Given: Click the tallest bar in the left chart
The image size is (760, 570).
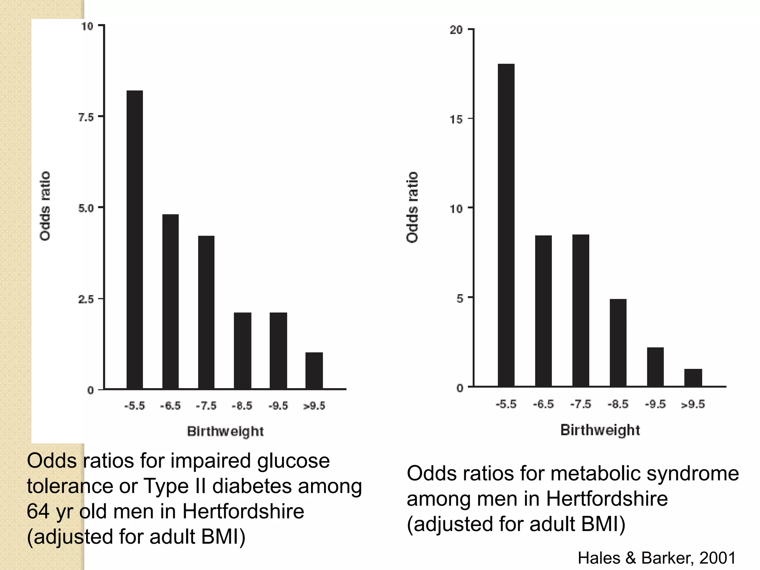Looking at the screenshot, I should tap(134, 239).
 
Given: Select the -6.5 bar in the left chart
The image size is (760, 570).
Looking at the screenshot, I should tap(170, 301).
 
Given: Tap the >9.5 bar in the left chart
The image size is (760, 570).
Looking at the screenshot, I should tap(314, 370).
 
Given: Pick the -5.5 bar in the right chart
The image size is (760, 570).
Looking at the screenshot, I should tap(506, 225).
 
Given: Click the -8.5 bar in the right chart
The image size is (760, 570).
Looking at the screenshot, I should tap(618, 342).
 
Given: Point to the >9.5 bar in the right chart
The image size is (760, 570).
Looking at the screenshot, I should tap(693, 377).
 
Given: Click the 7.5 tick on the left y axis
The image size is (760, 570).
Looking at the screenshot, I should tap(86, 118).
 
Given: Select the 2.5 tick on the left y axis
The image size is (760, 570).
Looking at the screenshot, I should tap(86, 299).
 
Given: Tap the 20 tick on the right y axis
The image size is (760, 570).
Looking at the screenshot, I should tap(456, 30).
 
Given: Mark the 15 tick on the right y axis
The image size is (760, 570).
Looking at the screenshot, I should tap(456, 119).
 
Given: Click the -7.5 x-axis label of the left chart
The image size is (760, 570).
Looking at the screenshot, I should tap(206, 406).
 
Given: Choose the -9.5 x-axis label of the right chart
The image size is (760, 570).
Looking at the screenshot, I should tap(655, 404).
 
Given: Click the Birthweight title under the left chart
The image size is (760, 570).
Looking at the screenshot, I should tap(225, 431).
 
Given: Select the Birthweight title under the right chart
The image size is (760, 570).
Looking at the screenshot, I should tap(600, 430).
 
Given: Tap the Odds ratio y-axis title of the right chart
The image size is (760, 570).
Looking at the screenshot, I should tap(412, 207).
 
